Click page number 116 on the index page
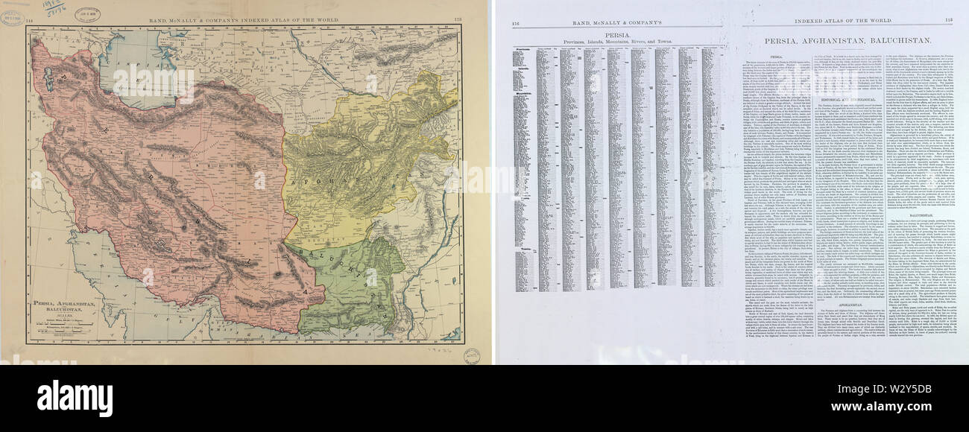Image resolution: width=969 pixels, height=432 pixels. click(516, 23)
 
